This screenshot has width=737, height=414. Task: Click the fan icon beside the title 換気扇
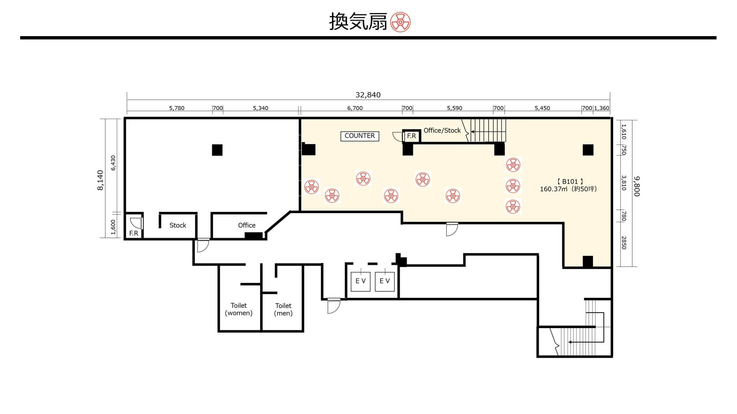click(400, 22)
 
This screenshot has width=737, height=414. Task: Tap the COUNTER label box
click(360, 136)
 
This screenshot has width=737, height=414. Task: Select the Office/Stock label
click(442, 130)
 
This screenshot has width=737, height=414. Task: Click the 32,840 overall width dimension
click(368, 95)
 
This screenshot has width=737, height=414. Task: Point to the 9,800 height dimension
click(637, 186)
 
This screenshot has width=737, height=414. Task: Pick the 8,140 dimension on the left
click(100, 180)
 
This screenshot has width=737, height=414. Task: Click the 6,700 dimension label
click(355, 108)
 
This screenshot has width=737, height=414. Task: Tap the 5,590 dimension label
click(454, 108)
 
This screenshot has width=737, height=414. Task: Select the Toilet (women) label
click(239, 309)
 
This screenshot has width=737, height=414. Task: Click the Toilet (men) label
click(283, 309)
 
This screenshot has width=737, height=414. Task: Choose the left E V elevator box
click(361, 281)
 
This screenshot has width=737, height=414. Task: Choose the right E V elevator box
click(385, 281)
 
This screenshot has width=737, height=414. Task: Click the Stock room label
click(178, 225)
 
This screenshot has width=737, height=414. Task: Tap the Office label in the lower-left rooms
click(247, 225)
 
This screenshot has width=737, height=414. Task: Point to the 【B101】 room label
click(570, 182)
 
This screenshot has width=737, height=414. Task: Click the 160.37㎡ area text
click(554, 189)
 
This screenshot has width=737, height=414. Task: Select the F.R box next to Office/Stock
click(411, 136)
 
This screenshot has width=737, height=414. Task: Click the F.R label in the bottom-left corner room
click(134, 233)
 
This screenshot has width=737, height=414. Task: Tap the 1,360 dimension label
click(602, 108)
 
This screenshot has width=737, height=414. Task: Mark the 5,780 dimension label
click(177, 108)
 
